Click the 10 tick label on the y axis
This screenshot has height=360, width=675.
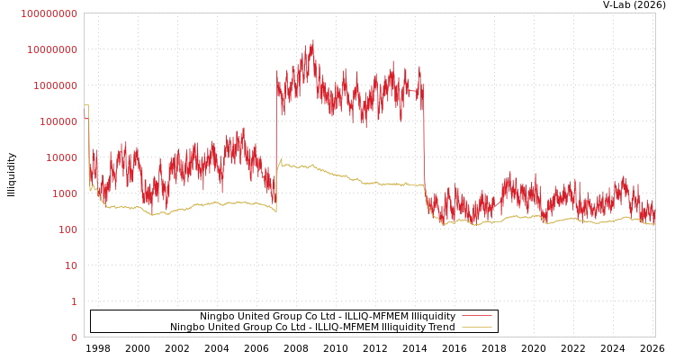[x=71, y=265]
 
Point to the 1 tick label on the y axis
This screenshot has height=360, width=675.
[x=74, y=301]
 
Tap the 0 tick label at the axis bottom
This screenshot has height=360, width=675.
[x=74, y=337]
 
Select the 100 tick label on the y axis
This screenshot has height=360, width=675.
[x=68, y=229]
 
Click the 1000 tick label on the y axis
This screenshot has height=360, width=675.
[x=66, y=193]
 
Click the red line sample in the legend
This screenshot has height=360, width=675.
[x=477, y=316]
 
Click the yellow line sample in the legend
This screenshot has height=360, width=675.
[x=477, y=328]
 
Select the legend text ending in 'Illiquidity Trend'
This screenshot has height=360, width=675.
[x=312, y=328]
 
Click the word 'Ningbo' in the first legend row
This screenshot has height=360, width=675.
[x=217, y=317]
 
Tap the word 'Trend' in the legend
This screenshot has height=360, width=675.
[x=440, y=328]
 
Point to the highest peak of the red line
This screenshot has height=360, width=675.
[x=312, y=41]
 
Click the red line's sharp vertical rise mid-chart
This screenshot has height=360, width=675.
[x=276, y=135]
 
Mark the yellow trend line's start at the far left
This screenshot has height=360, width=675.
[x=85, y=105]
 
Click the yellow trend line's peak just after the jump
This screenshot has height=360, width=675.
[x=281, y=160]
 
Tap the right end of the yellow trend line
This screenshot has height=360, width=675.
[x=654, y=223]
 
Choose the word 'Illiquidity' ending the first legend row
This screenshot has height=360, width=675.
[x=433, y=317]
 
